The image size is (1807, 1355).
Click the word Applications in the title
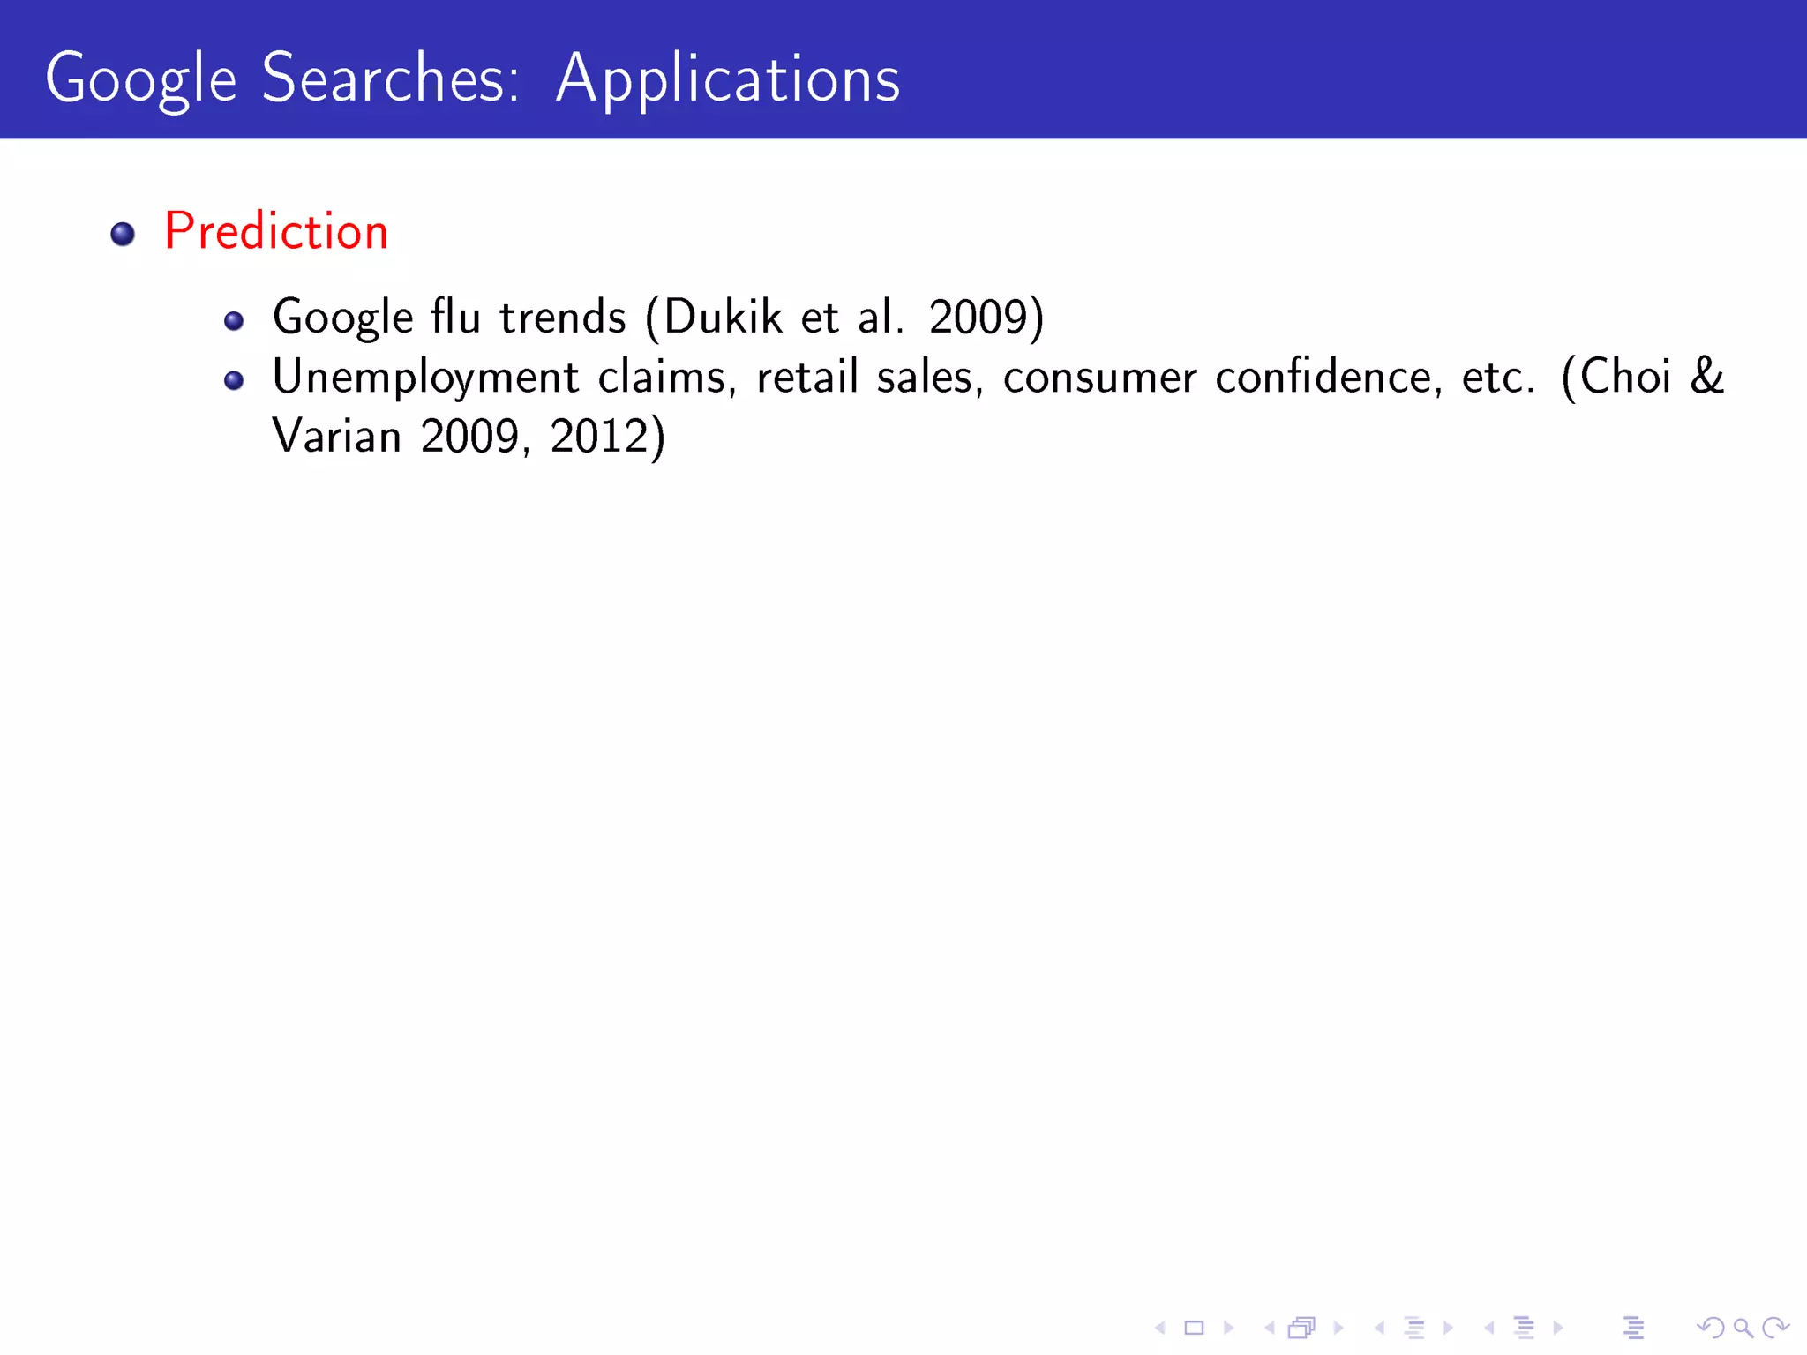728,79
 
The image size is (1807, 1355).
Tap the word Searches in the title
390,79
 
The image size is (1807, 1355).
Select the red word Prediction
276,232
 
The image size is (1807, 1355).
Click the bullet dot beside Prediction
123,234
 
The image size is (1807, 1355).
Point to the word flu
455,317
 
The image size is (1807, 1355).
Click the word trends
563,317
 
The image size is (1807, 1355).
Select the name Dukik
723,317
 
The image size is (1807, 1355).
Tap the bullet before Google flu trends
234,321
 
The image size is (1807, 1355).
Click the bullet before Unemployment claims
234,380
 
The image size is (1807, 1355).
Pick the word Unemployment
425,378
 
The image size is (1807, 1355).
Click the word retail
807,378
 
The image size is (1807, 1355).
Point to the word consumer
1100,378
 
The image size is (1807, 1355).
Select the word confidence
1329,378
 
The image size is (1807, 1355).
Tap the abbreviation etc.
1497,378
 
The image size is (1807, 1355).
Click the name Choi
1625,378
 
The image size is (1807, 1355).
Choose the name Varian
337,436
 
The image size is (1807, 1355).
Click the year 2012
599,436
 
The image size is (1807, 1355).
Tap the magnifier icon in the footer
1743,1327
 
